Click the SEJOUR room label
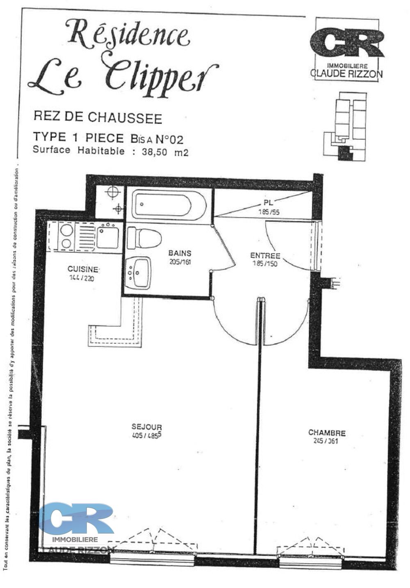coord(147,427)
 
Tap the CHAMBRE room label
coord(327,433)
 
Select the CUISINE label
coord(83,269)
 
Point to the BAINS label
coord(180,254)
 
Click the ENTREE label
coord(265,256)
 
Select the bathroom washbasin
coord(138,272)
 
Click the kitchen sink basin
coord(108,237)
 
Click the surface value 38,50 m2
coord(165,152)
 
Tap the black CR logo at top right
coord(347,43)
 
